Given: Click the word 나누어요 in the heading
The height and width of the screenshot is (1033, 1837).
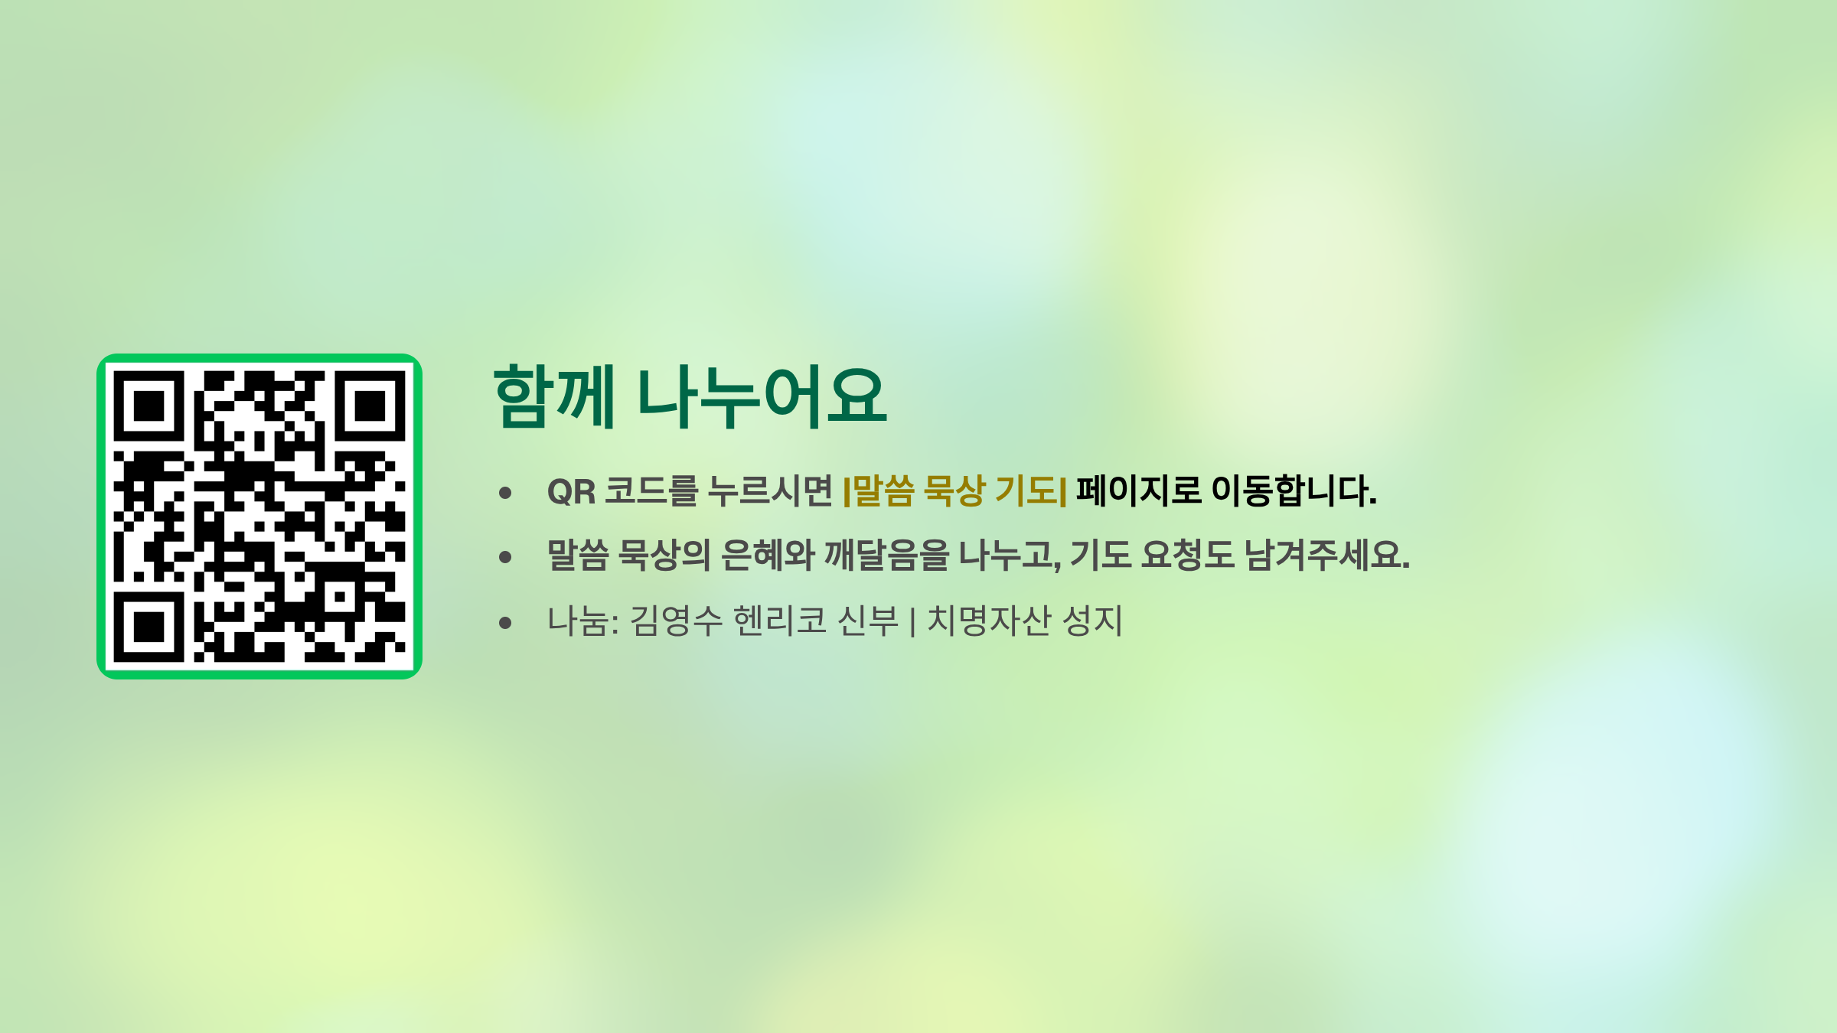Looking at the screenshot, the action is click(x=762, y=396).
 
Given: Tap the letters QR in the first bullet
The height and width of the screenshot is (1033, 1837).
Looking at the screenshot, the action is click(x=572, y=491).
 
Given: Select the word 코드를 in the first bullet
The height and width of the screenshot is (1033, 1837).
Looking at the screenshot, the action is click(x=651, y=491).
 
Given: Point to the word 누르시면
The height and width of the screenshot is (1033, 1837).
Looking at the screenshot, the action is click(x=770, y=491).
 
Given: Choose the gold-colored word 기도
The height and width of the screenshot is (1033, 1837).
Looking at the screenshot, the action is click(x=1026, y=491).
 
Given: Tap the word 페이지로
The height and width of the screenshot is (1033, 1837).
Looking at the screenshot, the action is click(x=1139, y=491).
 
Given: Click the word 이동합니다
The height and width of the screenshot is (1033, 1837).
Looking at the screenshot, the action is click(x=1294, y=491).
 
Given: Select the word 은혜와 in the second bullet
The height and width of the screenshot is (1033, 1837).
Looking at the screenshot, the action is click(x=768, y=556).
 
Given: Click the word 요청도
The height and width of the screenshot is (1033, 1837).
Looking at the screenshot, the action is click(x=1188, y=556).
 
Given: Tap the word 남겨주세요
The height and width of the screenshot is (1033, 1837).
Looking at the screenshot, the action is click(x=1327, y=556).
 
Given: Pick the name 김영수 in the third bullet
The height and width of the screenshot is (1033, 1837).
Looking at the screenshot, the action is click(x=676, y=621).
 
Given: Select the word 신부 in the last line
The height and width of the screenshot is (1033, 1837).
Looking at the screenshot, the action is click(x=868, y=621).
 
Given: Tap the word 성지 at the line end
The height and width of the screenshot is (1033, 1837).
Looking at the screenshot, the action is click(x=1092, y=621).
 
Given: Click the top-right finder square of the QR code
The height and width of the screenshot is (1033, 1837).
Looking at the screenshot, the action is click(x=370, y=406).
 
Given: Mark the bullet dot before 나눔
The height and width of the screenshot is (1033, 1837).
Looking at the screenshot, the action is click(x=505, y=623).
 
